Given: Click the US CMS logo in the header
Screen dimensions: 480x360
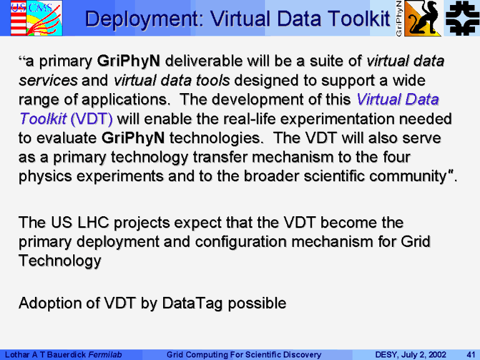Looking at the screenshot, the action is [36, 18].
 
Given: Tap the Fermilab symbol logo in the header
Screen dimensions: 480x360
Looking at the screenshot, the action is [462, 18].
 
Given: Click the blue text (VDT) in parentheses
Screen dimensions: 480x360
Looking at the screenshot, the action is [91, 119].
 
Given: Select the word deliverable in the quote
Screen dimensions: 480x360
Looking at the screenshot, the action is [204, 61].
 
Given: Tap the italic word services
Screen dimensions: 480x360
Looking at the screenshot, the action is [48, 81].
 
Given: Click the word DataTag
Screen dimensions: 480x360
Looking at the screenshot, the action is [192, 303].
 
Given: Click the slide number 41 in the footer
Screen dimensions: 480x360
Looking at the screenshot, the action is [471, 354].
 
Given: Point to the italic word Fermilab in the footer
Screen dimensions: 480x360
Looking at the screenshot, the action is [105, 354].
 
